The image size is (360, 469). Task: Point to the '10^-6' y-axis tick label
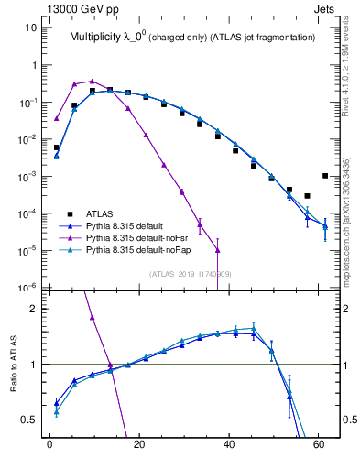click(x=27, y=287)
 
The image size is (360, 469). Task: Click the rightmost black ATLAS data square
click(x=325, y=176)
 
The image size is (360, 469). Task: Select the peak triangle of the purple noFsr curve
click(x=92, y=81)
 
